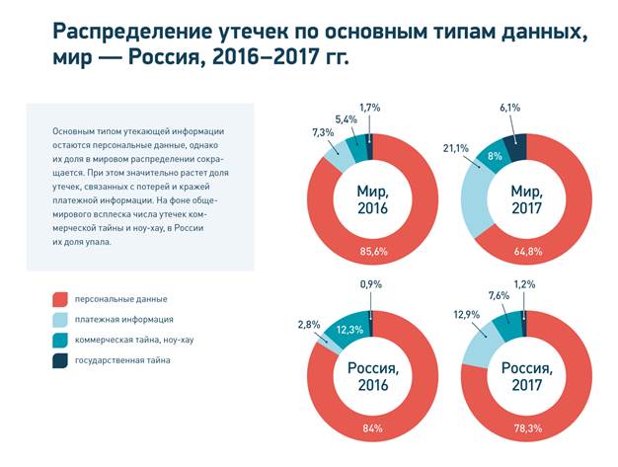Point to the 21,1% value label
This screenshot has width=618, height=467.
[x=457, y=148]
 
